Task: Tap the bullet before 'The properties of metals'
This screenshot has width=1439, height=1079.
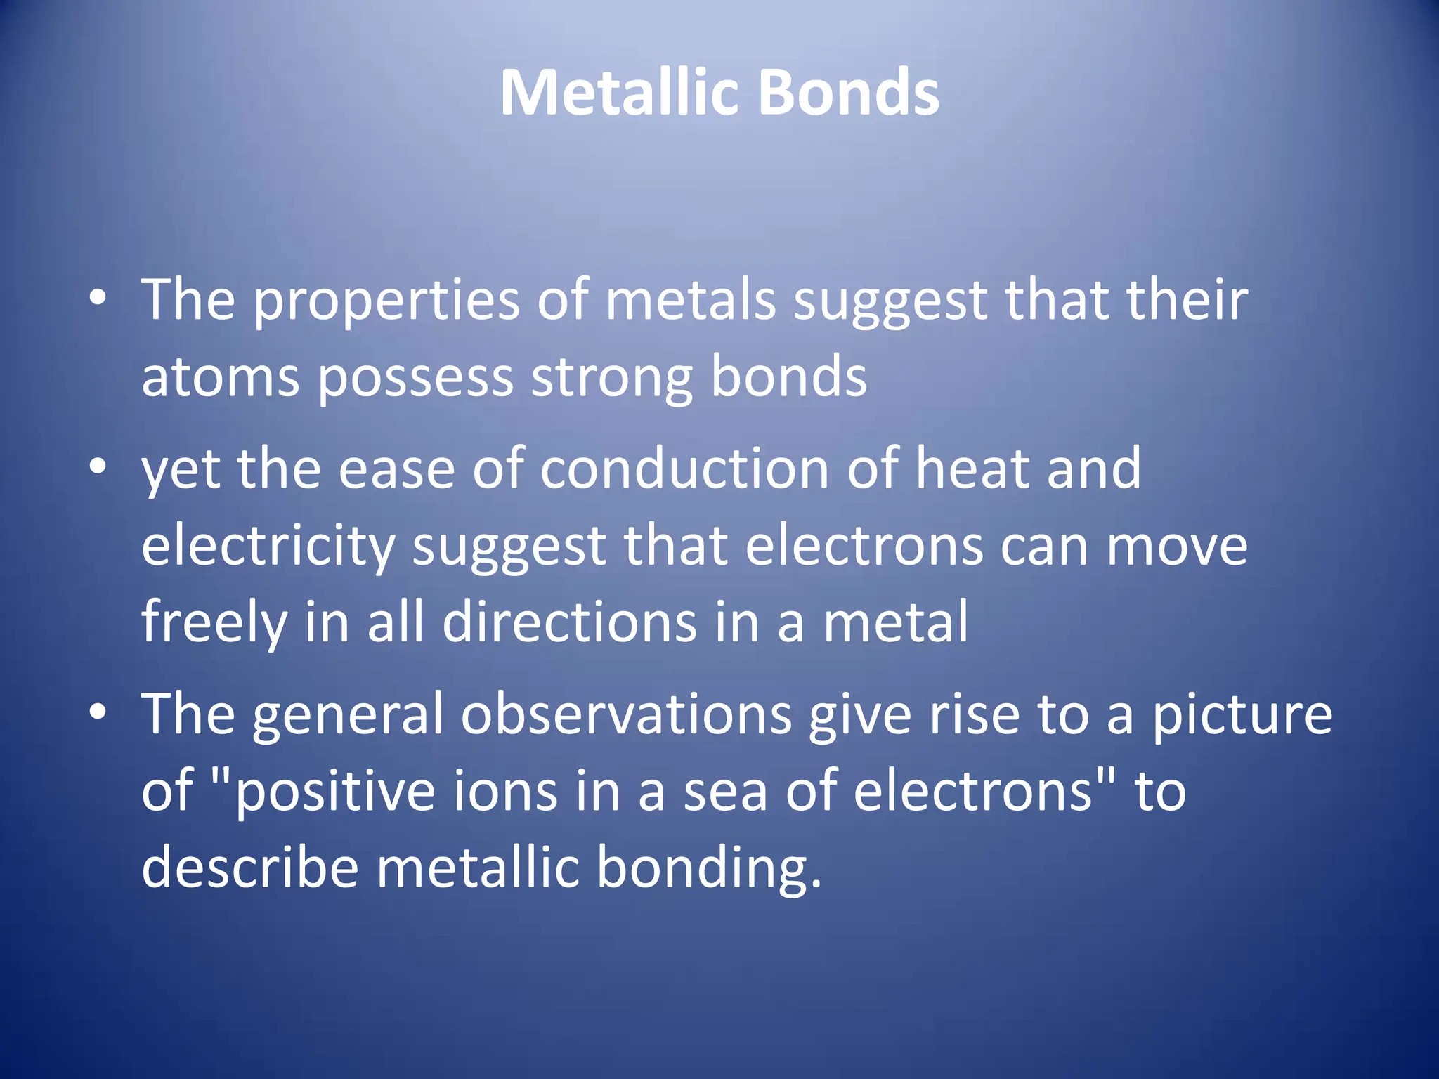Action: [x=98, y=298]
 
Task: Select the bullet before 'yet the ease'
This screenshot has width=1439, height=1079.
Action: [x=98, y=466]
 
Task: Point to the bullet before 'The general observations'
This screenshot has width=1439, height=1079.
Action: [x=98, y=712]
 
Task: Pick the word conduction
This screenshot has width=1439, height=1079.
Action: [x=684, y=469]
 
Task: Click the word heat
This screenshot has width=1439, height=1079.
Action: [x=972, y=469]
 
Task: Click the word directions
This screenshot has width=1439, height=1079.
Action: [x=569, y=622]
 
